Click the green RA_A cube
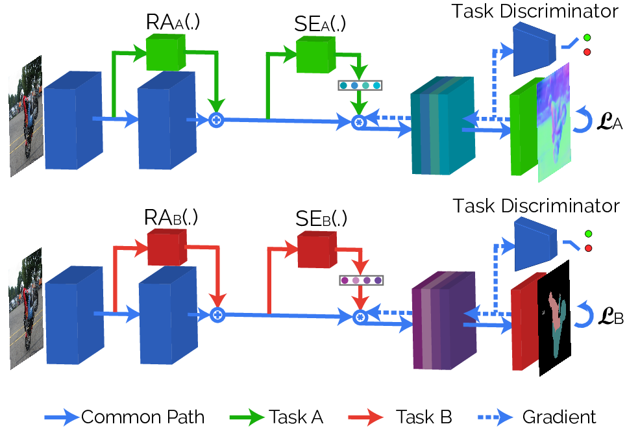(166, 53)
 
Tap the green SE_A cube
(315, 55)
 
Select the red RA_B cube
(167, 247)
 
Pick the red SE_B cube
(317, 250)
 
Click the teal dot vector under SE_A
(360, 85)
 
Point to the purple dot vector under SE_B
(361, 280)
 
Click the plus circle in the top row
(216, 119)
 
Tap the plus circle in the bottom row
(217, 315)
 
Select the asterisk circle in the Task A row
(359, 122)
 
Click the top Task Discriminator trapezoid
(534, 49)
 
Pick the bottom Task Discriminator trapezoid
(535, 244)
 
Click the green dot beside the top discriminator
(587, 38)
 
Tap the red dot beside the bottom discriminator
(588, 248)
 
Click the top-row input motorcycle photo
(25, 116)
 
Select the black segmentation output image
(554, 318)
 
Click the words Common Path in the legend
(143, 417)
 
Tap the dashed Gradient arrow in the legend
(495, 417)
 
